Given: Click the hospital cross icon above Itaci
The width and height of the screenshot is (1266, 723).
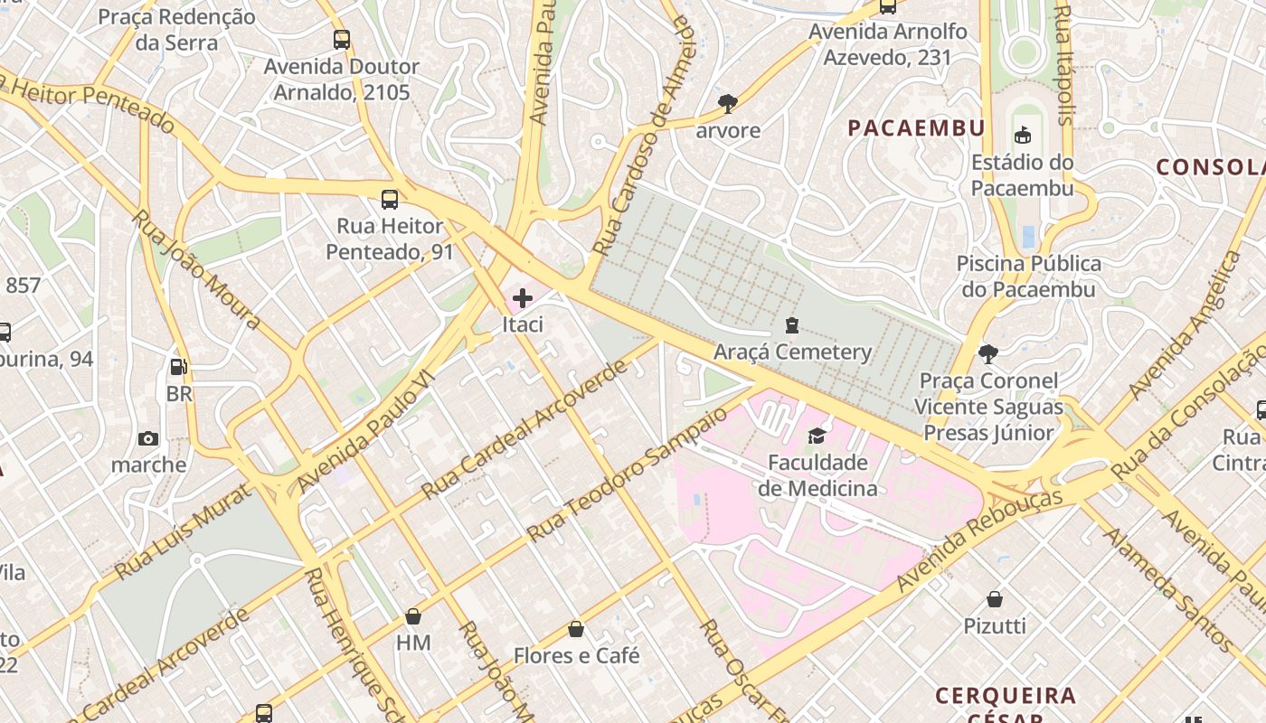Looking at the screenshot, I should [x=522, y=296].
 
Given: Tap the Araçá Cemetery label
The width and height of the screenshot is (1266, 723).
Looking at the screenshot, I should [x=792, y=352].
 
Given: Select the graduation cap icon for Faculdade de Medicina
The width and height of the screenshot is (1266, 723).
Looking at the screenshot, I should [x=817, y=437].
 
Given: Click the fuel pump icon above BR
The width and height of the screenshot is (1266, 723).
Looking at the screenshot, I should [x=179, y=367].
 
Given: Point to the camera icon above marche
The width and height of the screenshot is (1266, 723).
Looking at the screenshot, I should [x=148, y=439].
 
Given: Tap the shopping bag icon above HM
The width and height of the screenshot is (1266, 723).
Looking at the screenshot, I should [x=413, y=616].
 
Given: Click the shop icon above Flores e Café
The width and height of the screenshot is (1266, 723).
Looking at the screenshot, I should [x=576, y=629].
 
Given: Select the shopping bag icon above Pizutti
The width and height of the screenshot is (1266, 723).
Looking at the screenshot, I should [x=994, y=599].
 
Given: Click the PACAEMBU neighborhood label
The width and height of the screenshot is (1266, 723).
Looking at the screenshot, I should [x=915, y=128].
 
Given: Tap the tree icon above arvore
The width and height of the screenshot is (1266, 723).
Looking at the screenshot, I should [x=727, y=103].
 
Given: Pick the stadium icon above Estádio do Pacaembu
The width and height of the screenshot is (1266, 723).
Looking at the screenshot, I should [x=1022, y=136].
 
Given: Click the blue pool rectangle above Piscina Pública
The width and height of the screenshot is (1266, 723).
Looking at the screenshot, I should [x=1028, y=237].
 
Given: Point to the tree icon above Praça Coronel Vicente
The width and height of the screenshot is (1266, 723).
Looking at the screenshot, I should [x=987, y=353].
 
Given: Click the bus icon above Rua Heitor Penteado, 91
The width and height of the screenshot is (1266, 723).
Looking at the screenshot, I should [x=390, y=200].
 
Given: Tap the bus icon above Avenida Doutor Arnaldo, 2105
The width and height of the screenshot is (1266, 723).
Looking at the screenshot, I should [x=341, y=40].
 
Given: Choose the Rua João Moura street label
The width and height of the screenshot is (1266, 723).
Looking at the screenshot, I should [x=196, y=270].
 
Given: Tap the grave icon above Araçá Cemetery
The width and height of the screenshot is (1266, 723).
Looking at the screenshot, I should [x=792, y=324].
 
